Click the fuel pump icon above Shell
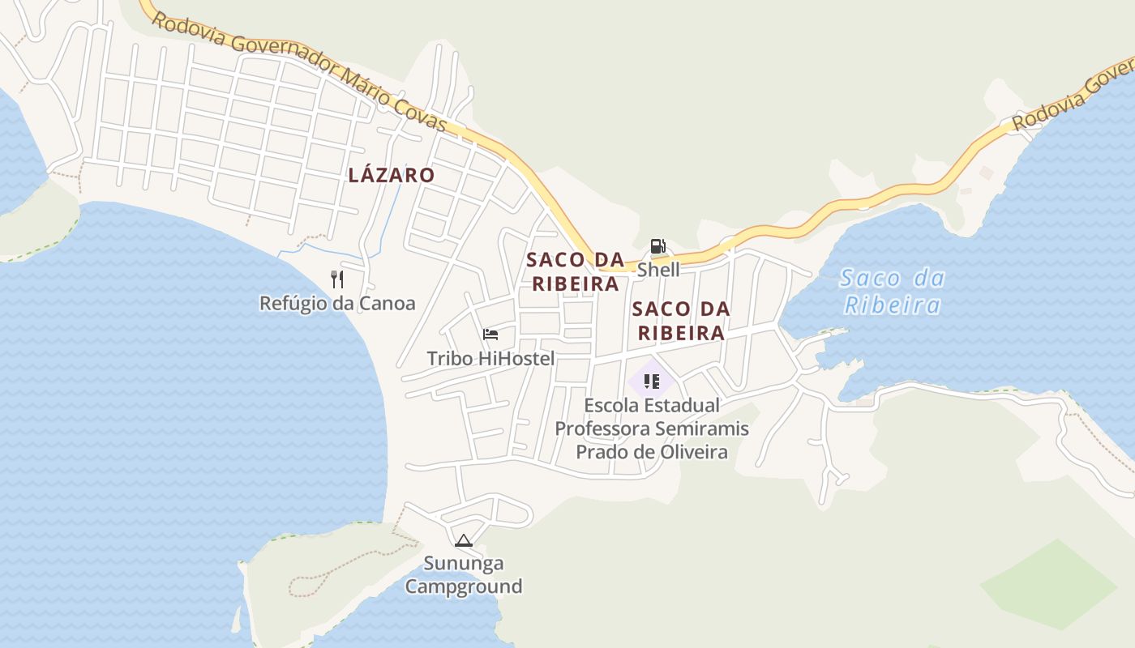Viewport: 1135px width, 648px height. click(x=657, y=246)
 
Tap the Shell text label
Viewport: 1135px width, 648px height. click(x=658, y=270)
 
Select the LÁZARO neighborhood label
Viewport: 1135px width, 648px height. click(x=392, y=175)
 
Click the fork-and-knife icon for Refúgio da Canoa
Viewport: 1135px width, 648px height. click(x=337, y=279)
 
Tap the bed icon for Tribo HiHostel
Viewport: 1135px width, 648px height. click(x=490, y=334)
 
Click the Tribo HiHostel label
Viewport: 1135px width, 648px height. click(x=490, y=358)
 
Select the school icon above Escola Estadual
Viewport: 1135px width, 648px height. click(x=652, y=381)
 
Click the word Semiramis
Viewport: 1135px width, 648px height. click(x=701, y=428)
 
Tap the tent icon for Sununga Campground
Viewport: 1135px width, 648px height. click(x=464, y=540)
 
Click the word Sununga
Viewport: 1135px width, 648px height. click(x=464, y=563)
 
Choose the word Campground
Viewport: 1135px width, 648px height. click(x=464, y=586)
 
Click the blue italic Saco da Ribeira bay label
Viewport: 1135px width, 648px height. click(x=893, y=292)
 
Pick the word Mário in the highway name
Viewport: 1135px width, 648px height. click(x=365, y=84)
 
